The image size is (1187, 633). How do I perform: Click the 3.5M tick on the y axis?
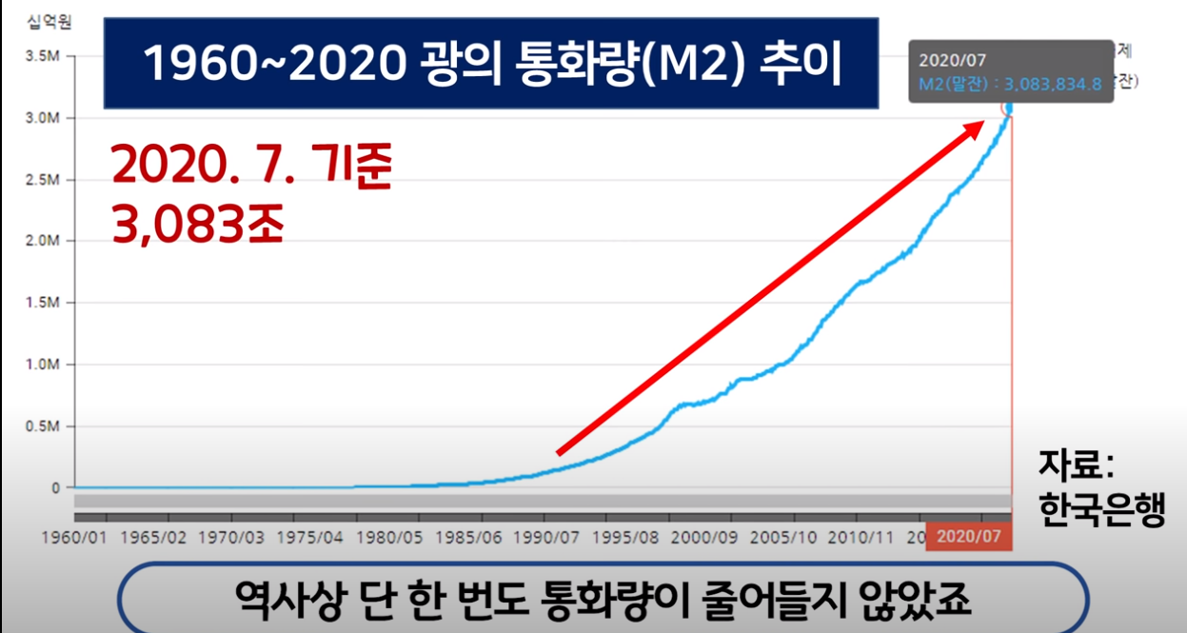coord(44,56)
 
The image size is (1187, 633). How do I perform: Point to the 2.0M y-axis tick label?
coord(44,241)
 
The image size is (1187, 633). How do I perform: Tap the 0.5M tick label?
coord(44,425)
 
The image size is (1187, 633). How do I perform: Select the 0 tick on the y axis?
coord(55,487)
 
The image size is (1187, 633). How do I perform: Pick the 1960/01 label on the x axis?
coord(73,537)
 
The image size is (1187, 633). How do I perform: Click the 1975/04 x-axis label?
coord(308,537)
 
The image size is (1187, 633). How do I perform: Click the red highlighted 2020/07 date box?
coord(968,537)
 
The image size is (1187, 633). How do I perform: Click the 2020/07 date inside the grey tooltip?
coord(947,60)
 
